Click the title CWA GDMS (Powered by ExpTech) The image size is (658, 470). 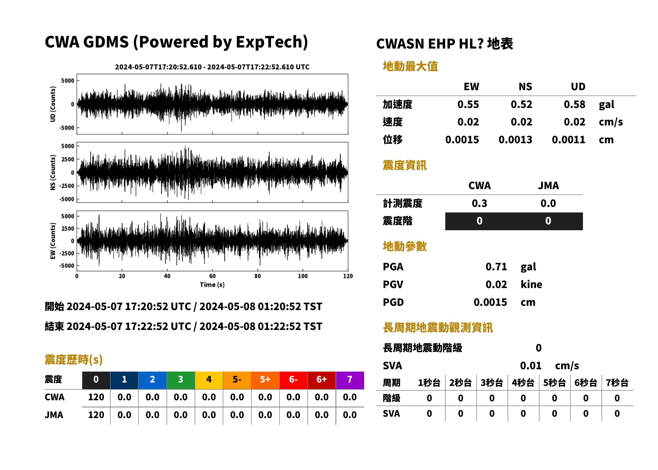tap(176, 42)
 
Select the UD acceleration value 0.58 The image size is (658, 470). tap(574, 105)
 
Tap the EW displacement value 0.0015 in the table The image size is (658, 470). tap(462, 140)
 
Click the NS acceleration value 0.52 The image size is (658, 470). tap(521, 105)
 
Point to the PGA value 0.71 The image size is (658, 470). tap(496, 267)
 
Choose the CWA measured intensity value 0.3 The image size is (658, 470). tap(479, 203)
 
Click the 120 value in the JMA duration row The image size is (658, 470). tap(96, 415)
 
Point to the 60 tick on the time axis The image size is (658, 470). tap(212, 276)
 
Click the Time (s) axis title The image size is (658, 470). tap(212, 285)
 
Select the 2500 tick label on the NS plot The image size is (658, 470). tap(68, 159)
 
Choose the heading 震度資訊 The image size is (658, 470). tap(404, 166)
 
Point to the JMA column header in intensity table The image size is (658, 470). tap(548, 185)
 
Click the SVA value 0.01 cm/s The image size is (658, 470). tap(549, 366)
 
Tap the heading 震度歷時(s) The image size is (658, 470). tap(74, 360)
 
